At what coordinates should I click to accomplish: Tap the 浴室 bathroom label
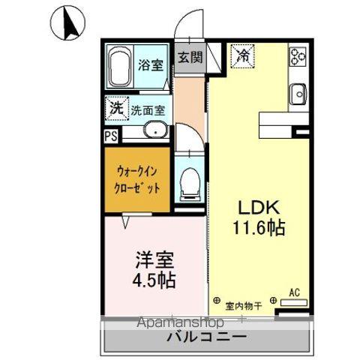151,65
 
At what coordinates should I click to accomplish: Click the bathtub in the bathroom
121,66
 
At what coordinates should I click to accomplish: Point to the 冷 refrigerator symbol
243,54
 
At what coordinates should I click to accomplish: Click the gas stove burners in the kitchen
298,55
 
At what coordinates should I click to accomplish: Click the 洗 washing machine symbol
115,107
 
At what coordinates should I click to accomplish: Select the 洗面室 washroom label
148,109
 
